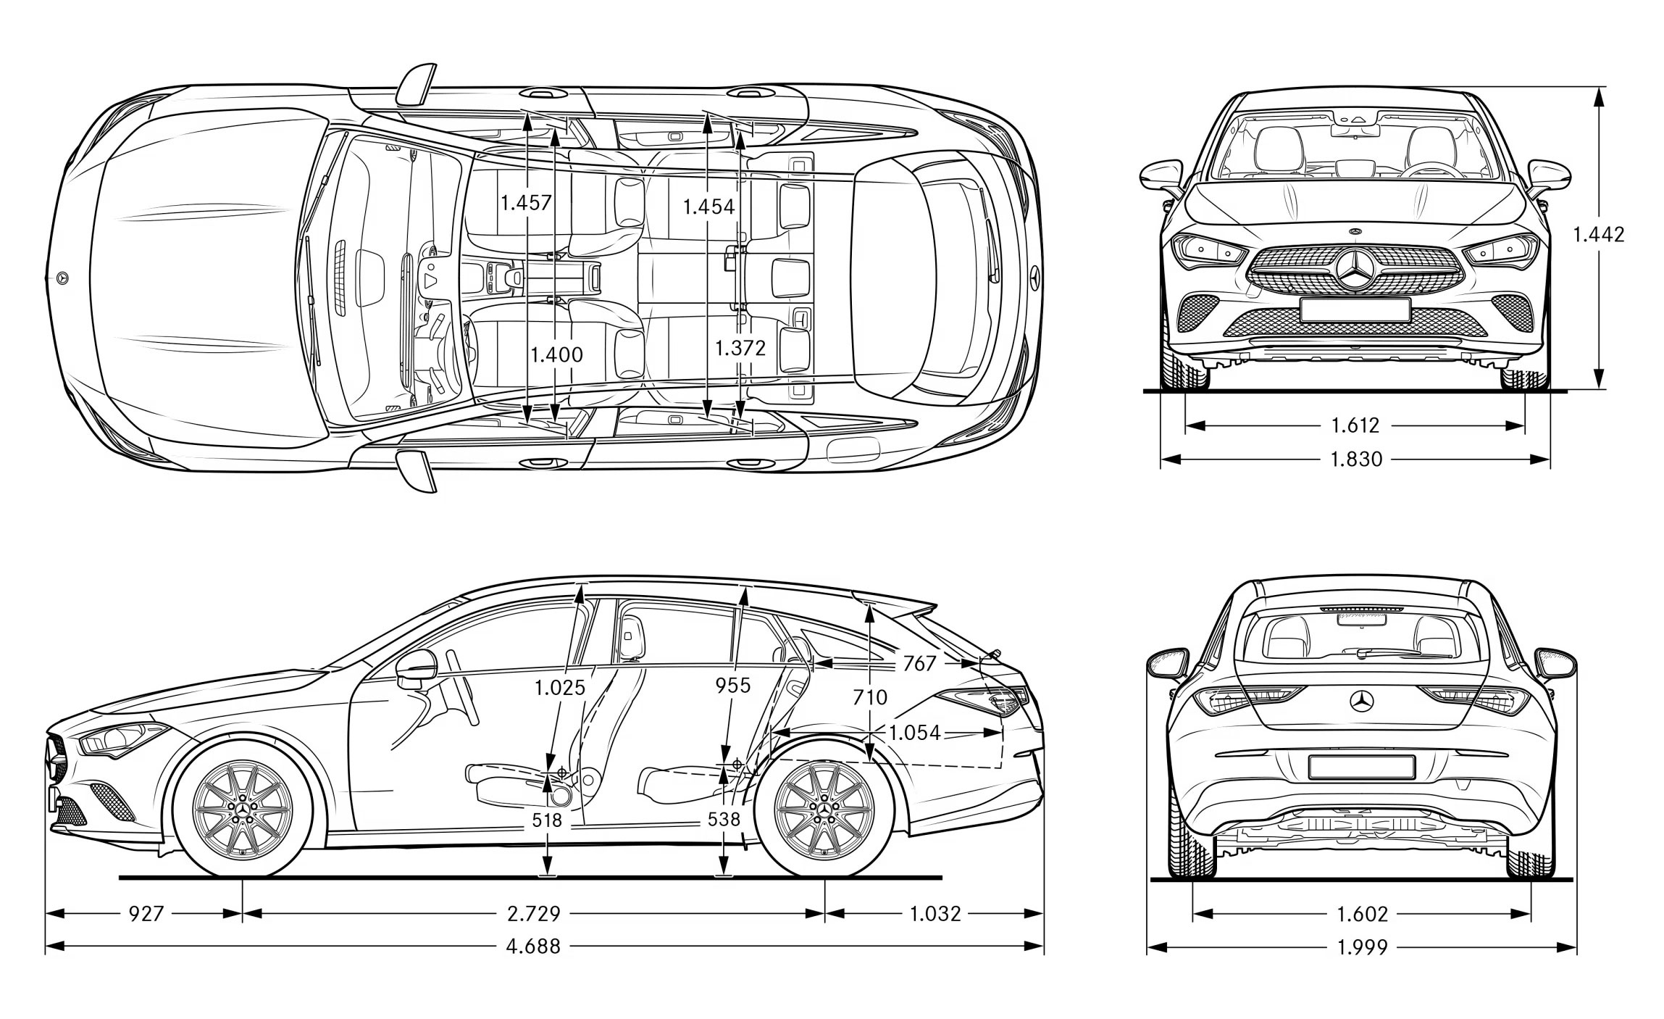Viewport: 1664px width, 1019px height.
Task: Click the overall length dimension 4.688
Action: click(x=533, y=946)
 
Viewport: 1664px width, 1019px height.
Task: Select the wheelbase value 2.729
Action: click(x=533, y=913)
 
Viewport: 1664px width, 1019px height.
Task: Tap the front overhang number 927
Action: click(x=146, y=913)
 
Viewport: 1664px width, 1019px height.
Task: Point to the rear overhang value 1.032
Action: click(x=935, y=913)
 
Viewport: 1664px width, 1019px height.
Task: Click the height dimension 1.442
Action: click(x=1598, y=234)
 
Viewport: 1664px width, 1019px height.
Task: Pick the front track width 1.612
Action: click(x=1355, y=425)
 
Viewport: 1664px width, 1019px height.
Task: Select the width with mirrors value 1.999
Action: click(x=1362, y=947)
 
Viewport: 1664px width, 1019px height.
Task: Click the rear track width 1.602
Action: click(x=1362, y=914)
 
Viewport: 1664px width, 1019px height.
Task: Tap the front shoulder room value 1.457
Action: click(x=526, y=202)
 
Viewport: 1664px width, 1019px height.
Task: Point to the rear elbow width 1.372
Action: click(x=740, y=349)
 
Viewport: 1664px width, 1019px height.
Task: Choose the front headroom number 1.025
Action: click(x=560, y=687)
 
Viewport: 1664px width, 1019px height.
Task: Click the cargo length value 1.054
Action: click(x=914, y=733)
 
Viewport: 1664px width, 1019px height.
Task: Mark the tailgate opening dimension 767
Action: click(x=919, y=663)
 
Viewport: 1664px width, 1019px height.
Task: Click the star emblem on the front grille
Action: click(x=1356, y=272)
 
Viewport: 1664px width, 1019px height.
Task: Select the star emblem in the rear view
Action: click(x=1362, y=701)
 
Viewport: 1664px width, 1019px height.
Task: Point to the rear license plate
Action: click(x=1361, y=767)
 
